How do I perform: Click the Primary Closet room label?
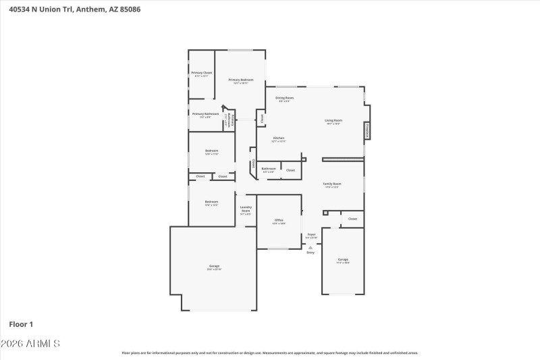click(x=201, y=72)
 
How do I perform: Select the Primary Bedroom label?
click(x=241, y=80)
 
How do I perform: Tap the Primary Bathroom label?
click(x=205, y=114)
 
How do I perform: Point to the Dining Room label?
click(x=284, y=98)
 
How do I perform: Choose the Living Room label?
click(x=333, y=120)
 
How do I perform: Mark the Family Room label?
click(x=331, y=184)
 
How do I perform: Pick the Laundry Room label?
click(x=246, y=209)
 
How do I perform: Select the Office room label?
click(x=279, y=220)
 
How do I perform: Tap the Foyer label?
click(x=311, y=234)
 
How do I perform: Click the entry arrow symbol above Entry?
click(x=310, y=247)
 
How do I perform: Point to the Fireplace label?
click(x=367, y=130)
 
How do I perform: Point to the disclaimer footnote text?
click(x=269, y=353)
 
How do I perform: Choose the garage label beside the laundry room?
click(x=213, y=266)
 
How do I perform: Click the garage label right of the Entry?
click(x=343, y=259)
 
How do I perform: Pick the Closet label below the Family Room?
click(x=352, y=219)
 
